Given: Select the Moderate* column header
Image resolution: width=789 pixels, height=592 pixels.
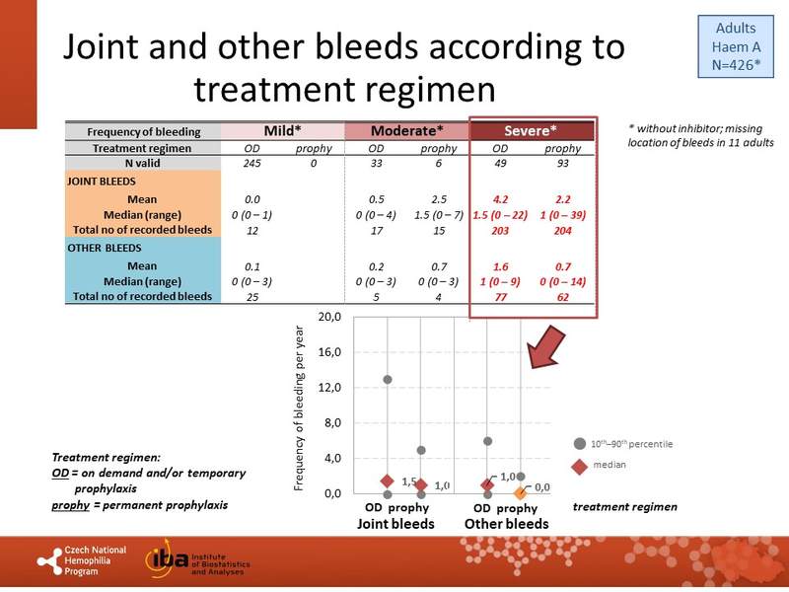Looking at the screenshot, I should click(x=405, y=131).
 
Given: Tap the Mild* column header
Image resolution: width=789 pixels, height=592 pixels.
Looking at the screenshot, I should click(x=282, y=131).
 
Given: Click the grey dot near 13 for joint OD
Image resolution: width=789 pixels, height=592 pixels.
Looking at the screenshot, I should click(x=388, y=380).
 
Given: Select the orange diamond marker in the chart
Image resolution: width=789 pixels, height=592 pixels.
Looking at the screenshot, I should click(x=521, y=492).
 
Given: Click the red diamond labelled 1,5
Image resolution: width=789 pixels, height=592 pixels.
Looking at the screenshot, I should click(x=388, y=481).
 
